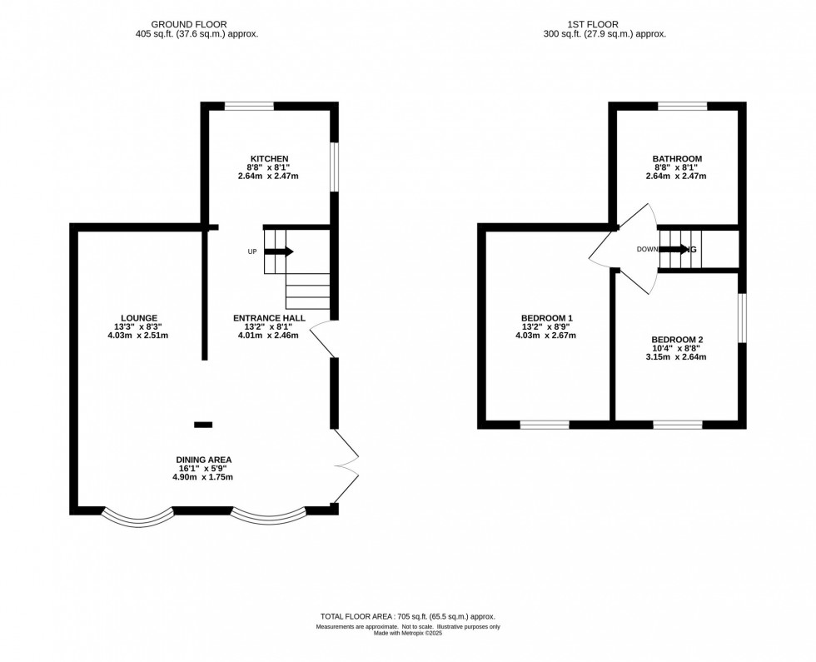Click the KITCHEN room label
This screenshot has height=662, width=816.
(x=269, y=158)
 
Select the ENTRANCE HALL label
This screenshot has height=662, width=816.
(x=268, y=317)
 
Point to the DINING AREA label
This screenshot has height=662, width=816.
(x=203, y=459)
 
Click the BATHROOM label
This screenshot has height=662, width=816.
(x=677, y=158)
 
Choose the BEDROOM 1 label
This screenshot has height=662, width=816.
(x=546, y=317)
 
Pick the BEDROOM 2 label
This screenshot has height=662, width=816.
(x=677, y=339)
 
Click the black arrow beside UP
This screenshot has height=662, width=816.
(x=279, y=251)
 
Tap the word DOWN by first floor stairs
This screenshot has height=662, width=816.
(x=648, y=249)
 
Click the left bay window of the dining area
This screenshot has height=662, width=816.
(x=138, y=518)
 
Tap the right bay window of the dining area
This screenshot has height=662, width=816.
(x=268, y=517)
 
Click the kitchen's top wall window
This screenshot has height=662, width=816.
(x=249, y=106)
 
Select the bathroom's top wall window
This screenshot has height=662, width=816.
(x=682, y=106)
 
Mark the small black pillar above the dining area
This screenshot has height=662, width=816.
(x=203, y=425)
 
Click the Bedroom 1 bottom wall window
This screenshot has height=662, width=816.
(x=545, y=425)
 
